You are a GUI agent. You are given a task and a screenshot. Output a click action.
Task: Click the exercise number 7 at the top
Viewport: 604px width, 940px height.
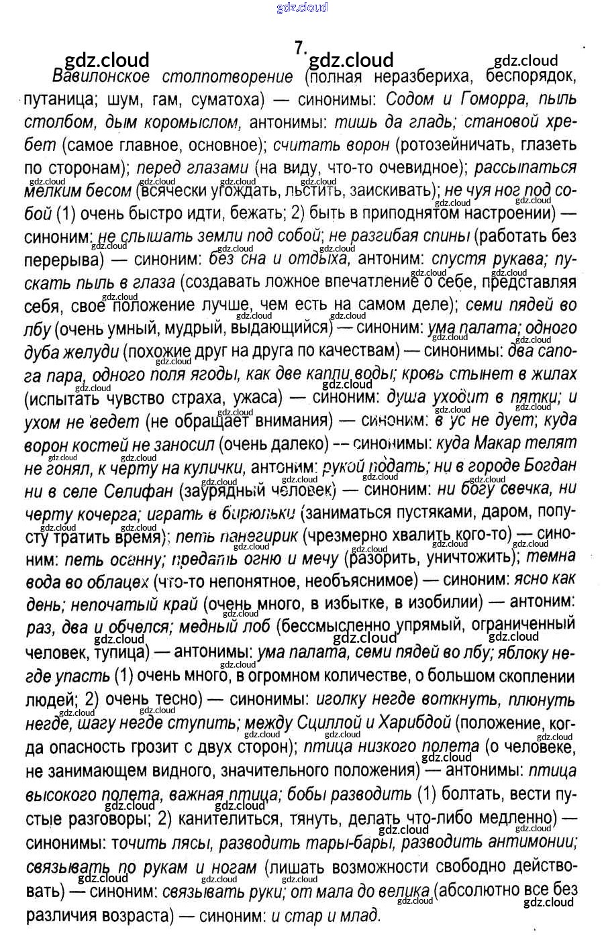300,48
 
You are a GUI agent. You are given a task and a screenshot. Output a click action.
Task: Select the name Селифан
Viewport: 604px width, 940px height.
138,489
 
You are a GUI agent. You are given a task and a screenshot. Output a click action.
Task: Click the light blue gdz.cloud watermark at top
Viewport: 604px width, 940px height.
302,8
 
